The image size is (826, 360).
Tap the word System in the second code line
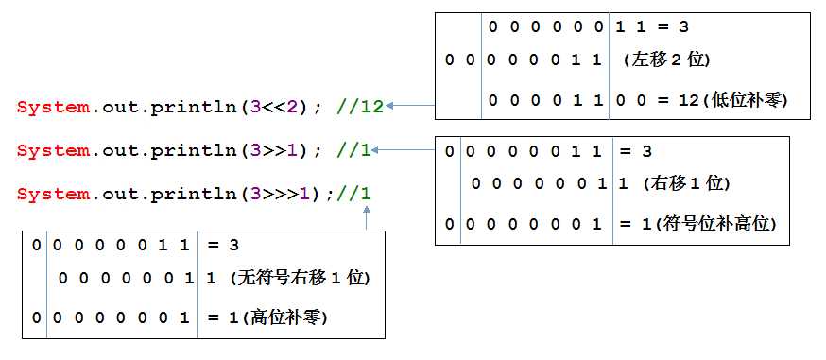click(53, 150)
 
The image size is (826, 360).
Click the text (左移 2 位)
click(666, 60)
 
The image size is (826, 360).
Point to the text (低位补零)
click(746, 99)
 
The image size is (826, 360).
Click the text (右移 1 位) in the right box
click(686, 183)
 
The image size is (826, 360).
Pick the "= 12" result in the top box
click(676, 99)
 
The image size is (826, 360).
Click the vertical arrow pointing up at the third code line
click(367, 217)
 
